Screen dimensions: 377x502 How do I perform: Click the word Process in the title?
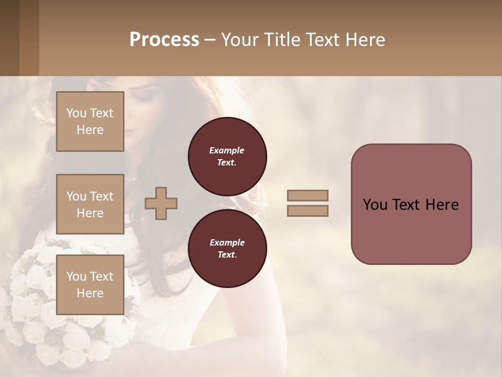[x=164, y=40]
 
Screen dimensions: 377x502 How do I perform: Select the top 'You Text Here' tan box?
[x=90, y=121]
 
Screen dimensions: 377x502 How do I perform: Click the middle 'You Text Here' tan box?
[x=90, y=204]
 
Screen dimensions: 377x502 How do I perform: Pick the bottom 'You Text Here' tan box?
[x=90, y=284]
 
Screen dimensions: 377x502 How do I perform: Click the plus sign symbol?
[x=161, y=203]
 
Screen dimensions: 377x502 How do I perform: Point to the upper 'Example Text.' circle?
[x=227, y=156]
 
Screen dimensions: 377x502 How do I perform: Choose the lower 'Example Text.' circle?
[x=227, y=248]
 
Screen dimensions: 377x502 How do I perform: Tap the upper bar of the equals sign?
[x=307, y=195]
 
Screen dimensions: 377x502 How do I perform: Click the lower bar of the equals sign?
[x=307, y=210]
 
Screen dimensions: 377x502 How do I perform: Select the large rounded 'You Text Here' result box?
[x=411, y=204]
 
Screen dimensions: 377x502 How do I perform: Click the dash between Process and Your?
[x=210, y=40]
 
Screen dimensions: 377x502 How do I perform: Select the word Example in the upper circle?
[x=227, y=150]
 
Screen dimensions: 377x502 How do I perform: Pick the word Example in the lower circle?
[x=227, y=242]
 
